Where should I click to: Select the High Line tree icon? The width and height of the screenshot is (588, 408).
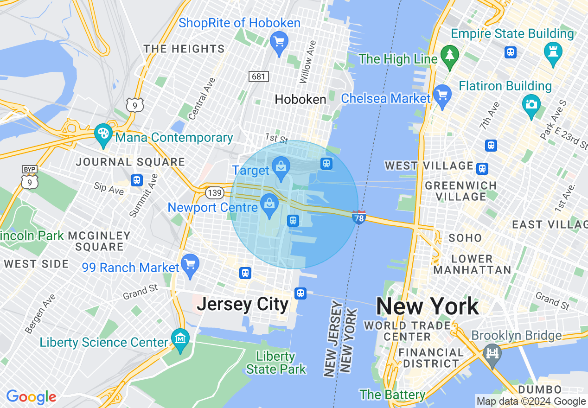(449, 55)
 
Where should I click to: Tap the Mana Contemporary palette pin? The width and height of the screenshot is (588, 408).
(102, 134)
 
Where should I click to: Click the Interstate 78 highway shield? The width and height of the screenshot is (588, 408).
(359, 217)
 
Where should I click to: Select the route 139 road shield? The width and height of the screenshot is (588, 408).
(214, 192)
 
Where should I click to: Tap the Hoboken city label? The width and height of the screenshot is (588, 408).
(300, 99)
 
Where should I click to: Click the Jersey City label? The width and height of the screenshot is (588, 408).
(243, 305)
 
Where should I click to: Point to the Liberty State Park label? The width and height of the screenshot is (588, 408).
(276, 363)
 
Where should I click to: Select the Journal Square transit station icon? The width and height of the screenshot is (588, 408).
(136, 180)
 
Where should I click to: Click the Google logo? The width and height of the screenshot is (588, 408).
(31, 397)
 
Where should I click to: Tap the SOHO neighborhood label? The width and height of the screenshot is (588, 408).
(465, 238)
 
